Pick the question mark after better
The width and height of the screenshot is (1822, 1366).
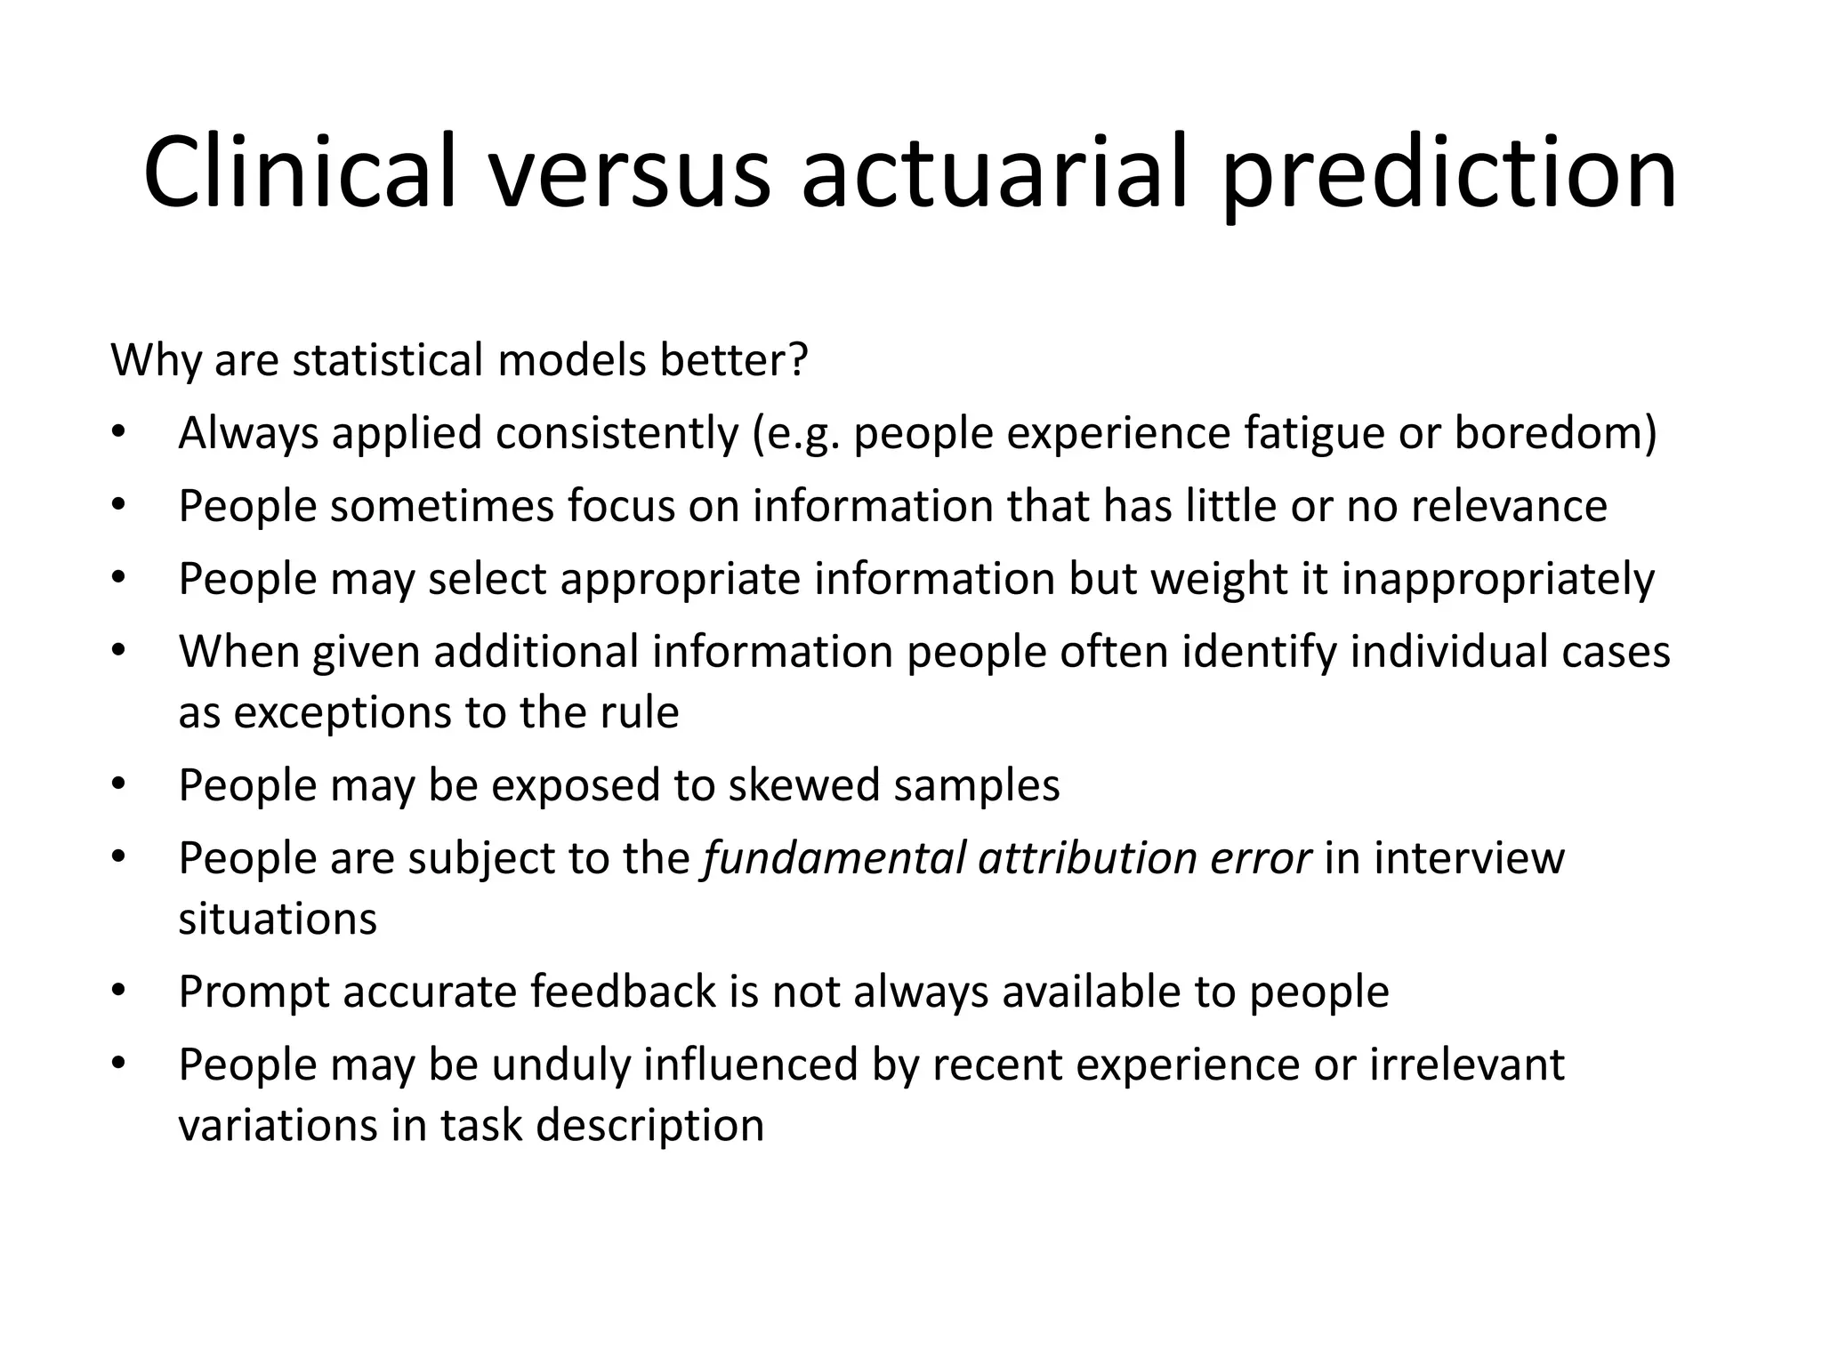(797, 360)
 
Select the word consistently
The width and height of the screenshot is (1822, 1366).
(617, 434)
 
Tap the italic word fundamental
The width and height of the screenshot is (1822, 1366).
(834, 858)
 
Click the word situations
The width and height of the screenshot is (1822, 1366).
(278, 919)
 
